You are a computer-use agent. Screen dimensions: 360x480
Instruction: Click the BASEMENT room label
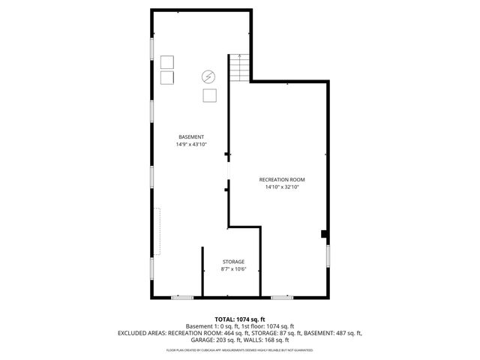[191, 136]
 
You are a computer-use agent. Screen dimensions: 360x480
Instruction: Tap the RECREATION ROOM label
[282, 180]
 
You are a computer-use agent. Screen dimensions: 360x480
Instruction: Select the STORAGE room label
[232, 262]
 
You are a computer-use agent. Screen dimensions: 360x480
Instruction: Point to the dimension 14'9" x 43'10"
[191, 144]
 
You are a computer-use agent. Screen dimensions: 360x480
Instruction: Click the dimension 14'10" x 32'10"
[282, 187]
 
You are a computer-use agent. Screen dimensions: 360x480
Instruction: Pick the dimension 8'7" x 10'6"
[232, 269]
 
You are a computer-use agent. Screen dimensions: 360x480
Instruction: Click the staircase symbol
[239, 69]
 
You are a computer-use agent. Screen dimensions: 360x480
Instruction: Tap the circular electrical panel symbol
[208, 76]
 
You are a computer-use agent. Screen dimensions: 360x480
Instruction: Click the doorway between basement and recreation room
[228, 173]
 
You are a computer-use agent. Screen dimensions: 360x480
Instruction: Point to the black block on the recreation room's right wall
[324, 234]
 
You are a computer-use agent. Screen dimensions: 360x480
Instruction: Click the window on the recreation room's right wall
[328, 259]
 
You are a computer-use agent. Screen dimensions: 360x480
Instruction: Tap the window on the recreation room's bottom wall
[282, 298]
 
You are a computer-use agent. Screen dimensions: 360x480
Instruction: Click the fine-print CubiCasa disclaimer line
[240, 349]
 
